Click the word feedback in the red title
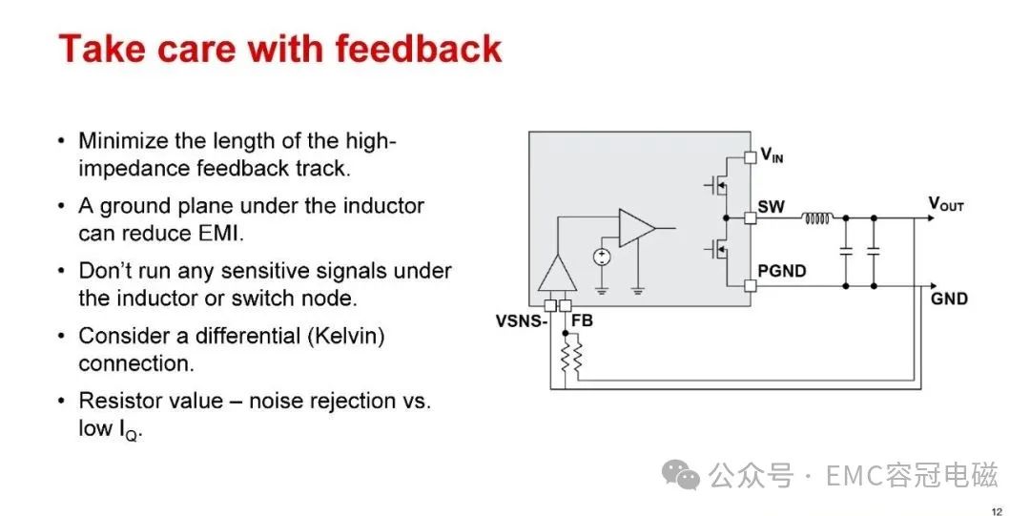[418, 49]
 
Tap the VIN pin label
[772, 155]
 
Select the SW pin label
[771, 206]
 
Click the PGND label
[782, 271]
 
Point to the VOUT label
[946, 204]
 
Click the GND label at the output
[949, 299]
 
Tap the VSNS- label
[522, 321]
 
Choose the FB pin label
[582, 320]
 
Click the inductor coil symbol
[818, 217]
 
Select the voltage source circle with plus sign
[602, 257]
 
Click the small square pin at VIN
[751, 157]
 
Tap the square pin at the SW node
[751, 217]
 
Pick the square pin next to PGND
[751, 286]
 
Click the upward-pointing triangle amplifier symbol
[557, 274]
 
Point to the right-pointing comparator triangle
[636, 228]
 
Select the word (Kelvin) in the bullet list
[345, 336]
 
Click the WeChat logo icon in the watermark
[681, 474]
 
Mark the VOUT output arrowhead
[930, 217]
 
